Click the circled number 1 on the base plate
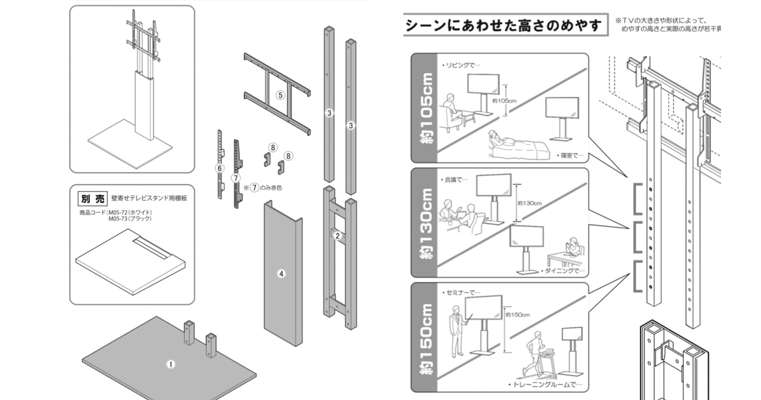(x=170, y=364)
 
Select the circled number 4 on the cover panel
(x=282, y=274)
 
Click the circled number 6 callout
(x=219, y=168)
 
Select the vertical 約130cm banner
(x=427, y=223)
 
